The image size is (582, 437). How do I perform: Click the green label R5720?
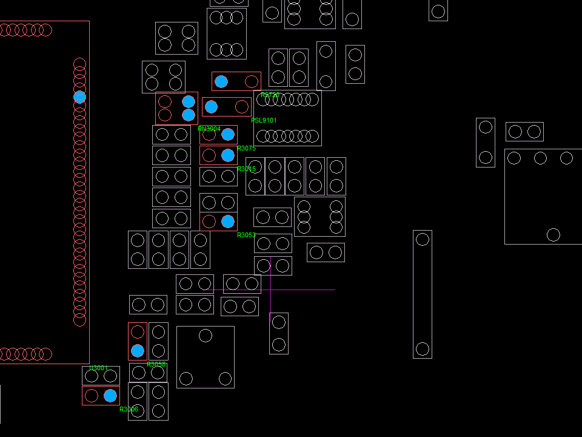point(270,95)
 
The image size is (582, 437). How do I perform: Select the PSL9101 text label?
point(264,120)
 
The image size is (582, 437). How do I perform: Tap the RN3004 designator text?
point(209,129)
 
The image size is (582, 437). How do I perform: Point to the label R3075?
point(246,148)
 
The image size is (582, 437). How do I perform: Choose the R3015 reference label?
point(246,169)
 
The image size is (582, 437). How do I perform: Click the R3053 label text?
point(246,235)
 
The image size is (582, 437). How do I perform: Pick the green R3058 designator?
point(156,364)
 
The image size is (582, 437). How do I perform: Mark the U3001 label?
point(97,368)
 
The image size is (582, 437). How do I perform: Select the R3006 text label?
point(129,409)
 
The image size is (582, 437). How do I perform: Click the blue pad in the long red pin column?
point(79,97)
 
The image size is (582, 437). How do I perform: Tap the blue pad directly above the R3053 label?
point(228,222)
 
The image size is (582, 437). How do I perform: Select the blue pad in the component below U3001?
point(110,396)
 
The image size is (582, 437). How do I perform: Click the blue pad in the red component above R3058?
point(138,351)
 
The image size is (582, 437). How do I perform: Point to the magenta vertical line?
point(270,285)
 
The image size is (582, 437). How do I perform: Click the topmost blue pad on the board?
point(221,81)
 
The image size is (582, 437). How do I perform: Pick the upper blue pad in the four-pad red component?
point(189,101)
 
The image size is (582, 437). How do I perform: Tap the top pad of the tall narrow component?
point(423,239)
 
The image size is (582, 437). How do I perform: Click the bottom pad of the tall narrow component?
point(423,349)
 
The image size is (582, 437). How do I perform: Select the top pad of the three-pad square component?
point(206,335)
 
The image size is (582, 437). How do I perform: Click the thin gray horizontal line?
point(303,290)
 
